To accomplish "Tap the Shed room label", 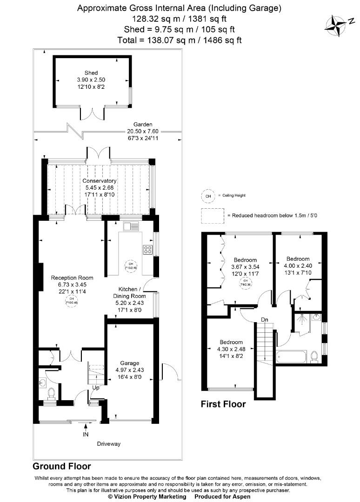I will [91, 73].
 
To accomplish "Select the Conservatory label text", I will [100, 181].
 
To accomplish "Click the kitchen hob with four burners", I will [148, 250].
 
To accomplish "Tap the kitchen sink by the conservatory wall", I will [131, 227].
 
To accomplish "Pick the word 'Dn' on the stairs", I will [264, 320].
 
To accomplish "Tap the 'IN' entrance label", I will [86, 435].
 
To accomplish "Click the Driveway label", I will [109, 444].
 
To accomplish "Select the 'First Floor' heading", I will [223, 404].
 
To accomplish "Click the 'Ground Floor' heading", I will [61, 466].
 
